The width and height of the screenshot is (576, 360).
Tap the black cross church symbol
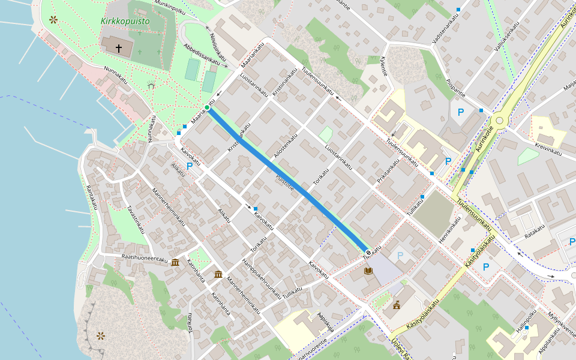point(118,47)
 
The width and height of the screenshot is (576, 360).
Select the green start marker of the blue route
point(207,107)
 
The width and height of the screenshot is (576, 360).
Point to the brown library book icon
point(368,271)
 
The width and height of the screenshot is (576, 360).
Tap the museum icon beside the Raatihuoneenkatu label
point(175,262)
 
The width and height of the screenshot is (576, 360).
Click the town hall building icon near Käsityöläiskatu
point(397,305)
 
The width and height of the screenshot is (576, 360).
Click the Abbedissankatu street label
point(202,53)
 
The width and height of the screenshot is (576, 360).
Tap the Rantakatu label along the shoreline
point(91,197)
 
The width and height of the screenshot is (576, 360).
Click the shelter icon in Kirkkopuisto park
point(151,86)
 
